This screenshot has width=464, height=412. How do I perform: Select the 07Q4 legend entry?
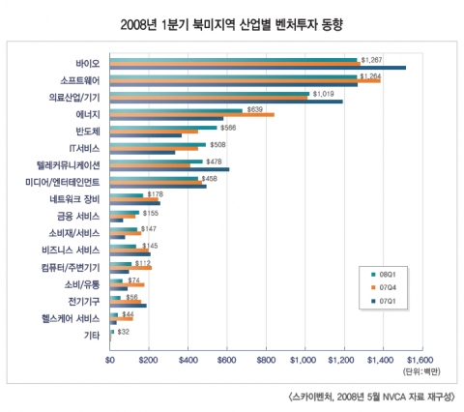(x=385, y=286)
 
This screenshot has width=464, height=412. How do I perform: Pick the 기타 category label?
(x=93, y=335)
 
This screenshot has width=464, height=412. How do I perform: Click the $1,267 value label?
(x=373, y=58)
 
